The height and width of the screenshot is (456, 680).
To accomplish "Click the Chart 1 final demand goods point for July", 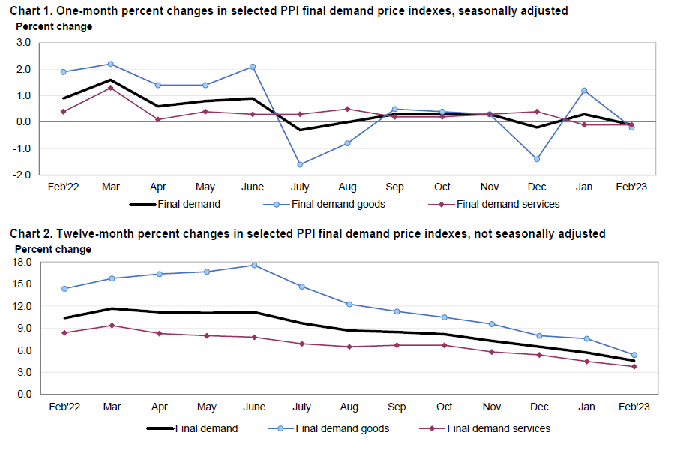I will click(300, 164).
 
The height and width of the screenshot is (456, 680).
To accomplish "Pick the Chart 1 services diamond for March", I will click(110, 88).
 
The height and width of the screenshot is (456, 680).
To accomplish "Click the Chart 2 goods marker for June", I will click(253, 265).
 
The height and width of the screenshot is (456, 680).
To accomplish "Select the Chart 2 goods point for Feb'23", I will click(634, 355).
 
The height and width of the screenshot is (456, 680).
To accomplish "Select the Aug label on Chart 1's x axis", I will click(346, 187).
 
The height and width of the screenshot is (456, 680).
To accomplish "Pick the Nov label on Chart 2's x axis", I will click(492, 407).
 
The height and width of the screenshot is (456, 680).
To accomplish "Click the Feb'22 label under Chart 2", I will click(64, 407).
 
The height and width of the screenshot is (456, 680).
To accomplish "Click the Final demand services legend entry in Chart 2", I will click(499, 429).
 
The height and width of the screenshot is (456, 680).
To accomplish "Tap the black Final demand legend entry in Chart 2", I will click(206, 429).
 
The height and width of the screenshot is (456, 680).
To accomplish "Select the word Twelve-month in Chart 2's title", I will click(100, 234).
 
